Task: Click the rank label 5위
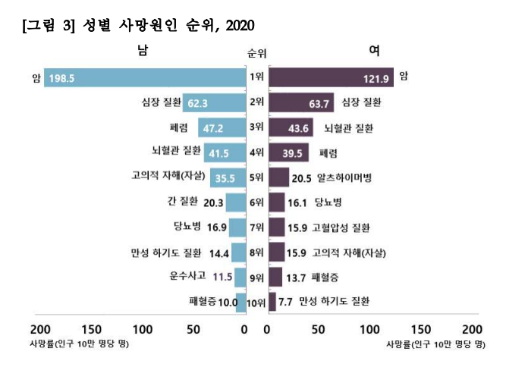(256, 178)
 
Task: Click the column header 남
(142, 51)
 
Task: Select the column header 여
(374, 51)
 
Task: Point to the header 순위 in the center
(256, 53)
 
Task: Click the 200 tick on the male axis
(39, 330)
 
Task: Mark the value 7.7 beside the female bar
(286, 302)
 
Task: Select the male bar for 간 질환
(236, 202)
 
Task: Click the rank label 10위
(257, 303)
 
